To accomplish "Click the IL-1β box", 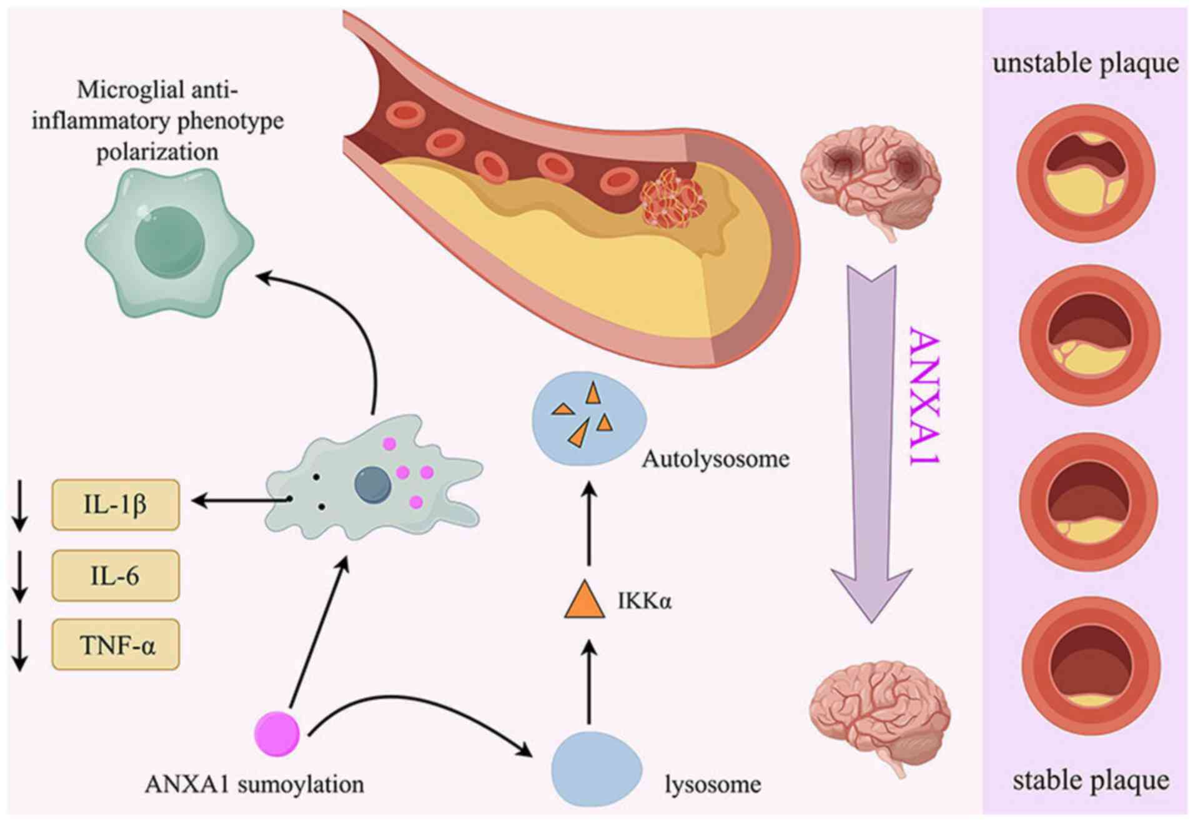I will pos(116,505).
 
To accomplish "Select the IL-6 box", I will pos(116,575).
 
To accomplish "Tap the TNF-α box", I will pos(116,645).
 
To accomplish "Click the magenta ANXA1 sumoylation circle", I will pos(277,734).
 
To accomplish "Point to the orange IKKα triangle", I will pos(584,601).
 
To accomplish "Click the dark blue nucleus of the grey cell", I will pos(373,485).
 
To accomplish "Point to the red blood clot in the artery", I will pos(672,197).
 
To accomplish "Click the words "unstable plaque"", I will pos(1086,64).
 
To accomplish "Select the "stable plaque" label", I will pos(1091,781).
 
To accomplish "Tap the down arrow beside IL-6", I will pos(20,576).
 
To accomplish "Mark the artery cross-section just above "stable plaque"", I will pos(1091,666).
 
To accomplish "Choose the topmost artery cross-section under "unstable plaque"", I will pos(1086,173).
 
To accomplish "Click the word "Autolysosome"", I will pos(715,460).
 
